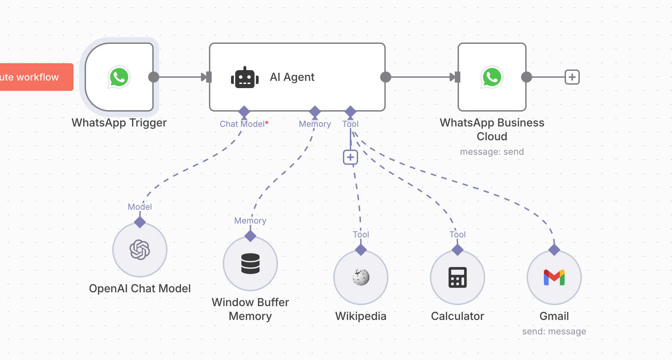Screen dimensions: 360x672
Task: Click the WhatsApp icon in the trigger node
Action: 119,77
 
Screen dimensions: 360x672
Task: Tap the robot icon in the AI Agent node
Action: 245,78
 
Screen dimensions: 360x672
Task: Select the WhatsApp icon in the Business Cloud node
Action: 492,77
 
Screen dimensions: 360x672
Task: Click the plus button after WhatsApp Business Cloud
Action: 572,77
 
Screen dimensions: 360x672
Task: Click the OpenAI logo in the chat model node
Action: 140,250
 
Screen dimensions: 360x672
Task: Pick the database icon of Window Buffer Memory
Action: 250,264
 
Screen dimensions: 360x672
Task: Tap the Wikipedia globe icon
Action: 361,277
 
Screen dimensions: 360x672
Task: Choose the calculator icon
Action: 458,277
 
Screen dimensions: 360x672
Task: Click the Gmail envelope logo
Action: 554,277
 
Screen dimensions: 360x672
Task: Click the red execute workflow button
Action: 35,77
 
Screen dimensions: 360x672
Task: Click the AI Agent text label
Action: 292,77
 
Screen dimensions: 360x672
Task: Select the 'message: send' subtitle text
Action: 492,152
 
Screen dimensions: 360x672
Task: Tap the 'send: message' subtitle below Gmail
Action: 554,331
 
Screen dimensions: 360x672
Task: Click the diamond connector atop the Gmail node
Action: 554,250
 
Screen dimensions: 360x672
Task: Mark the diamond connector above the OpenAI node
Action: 140,222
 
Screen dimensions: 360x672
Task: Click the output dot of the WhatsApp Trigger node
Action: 154,77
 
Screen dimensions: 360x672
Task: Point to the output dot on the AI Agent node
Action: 385,77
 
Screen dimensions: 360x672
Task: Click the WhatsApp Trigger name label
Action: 119,123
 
